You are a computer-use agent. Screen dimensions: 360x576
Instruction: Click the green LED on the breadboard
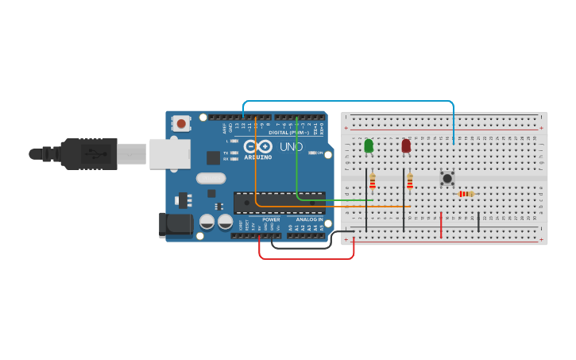369,145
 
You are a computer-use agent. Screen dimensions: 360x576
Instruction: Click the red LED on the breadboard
406,145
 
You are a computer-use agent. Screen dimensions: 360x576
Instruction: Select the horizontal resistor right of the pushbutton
466,194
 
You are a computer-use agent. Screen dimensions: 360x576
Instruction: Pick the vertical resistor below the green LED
372,182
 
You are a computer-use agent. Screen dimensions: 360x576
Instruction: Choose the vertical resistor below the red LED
410,182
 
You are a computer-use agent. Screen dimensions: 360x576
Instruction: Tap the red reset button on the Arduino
181,123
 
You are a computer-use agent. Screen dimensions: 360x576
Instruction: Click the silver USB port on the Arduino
169,153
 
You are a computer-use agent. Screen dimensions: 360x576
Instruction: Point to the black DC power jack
175,224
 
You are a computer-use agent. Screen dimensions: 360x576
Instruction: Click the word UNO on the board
291,147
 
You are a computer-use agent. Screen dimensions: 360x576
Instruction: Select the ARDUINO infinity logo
257,147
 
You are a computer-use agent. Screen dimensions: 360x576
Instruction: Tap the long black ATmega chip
279,203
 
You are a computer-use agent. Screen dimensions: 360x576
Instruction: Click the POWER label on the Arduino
271,219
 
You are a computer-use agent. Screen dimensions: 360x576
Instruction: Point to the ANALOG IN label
310,219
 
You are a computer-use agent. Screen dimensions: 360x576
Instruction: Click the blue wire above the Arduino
350,102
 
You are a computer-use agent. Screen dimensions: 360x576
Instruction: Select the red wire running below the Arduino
306,258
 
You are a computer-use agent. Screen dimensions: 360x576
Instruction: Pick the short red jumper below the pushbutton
441,225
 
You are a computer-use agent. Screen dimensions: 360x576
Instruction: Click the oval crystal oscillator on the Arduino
211,178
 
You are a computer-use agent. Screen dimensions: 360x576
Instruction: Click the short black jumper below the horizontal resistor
478,223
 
